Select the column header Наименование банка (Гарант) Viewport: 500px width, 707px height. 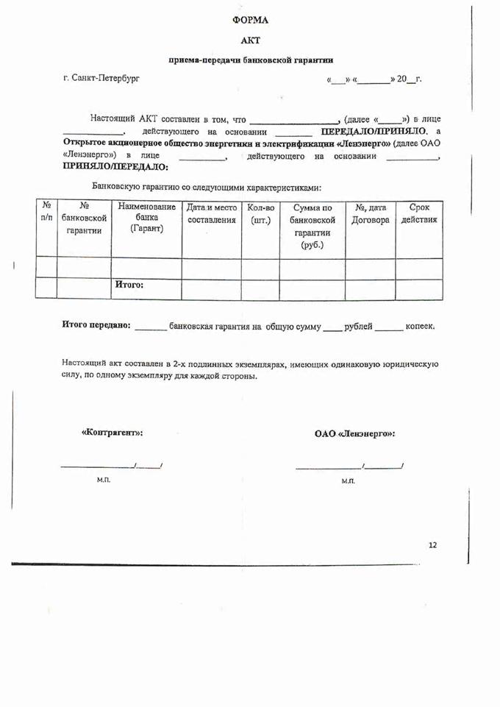coord(146,218)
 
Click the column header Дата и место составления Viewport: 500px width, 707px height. coord(212,213)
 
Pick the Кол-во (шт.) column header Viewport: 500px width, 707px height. coord(260,213)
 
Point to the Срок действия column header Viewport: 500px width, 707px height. coord(418,213)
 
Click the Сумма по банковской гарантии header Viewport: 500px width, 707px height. coord(312,226)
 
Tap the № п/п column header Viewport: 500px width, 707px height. coord(46,212)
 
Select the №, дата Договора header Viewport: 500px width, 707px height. coord(371,213)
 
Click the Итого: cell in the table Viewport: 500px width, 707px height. coord(129,285)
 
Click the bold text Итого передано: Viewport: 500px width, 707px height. coord(96,325)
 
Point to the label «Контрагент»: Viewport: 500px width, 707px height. coord(112,433)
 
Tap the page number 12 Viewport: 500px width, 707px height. coord(432,545)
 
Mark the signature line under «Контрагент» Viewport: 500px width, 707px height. coord(111,466)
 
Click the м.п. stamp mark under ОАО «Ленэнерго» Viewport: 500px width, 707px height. coord(348,480)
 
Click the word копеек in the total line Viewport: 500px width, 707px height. coord(419,325)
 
